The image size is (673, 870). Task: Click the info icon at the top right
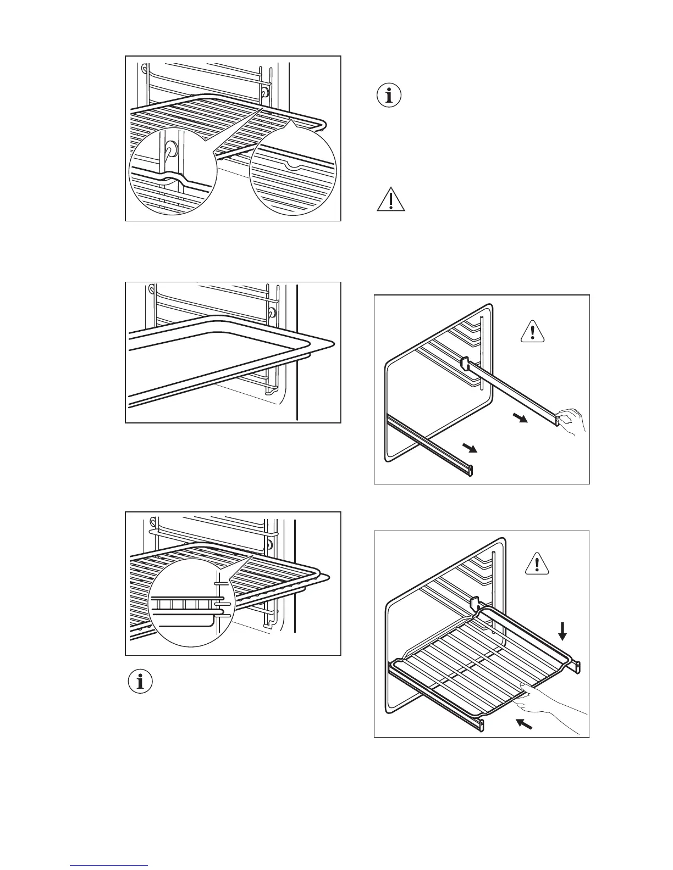tap(389, 96)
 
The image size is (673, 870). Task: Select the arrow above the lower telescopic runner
tap(469, 449)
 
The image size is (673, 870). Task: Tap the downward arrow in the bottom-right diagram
tap(562, 631)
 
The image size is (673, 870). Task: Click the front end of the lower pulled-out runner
tap(470, 471)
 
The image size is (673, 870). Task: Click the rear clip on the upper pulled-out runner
tap(464, 363)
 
